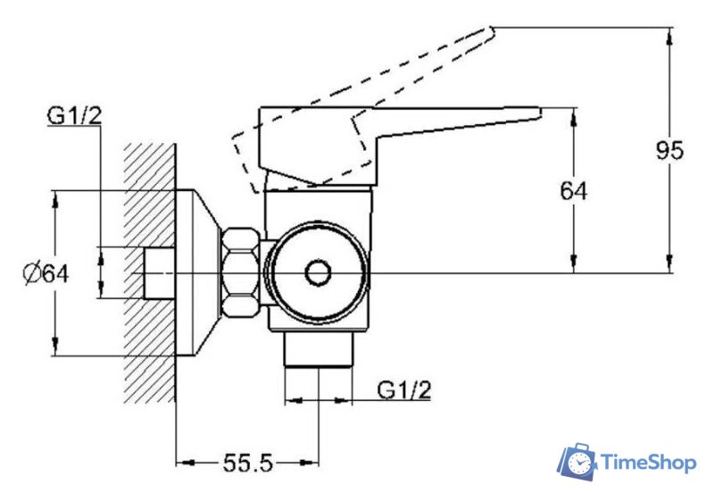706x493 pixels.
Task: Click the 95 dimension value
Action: click(669, 150)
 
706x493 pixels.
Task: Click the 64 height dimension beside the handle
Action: click(573, 190)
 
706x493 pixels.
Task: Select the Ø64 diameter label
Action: click(46, 273)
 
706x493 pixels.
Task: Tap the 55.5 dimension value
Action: click(247, 463)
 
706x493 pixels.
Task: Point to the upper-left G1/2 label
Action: click(74, 116)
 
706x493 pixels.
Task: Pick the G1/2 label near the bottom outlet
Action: click(404, 389)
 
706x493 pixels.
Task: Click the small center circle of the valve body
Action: click(318, 273)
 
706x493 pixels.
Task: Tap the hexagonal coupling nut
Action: click(240, 273)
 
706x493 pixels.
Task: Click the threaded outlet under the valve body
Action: click(318, 350)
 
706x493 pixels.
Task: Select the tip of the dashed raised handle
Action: click(493, 30)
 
